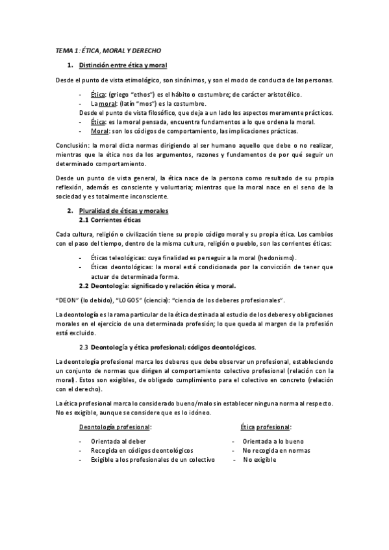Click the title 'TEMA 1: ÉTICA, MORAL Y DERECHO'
point(108,50)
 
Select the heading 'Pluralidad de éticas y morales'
point(123,211)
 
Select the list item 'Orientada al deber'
point(118,441)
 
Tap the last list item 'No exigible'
point(260,459)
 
